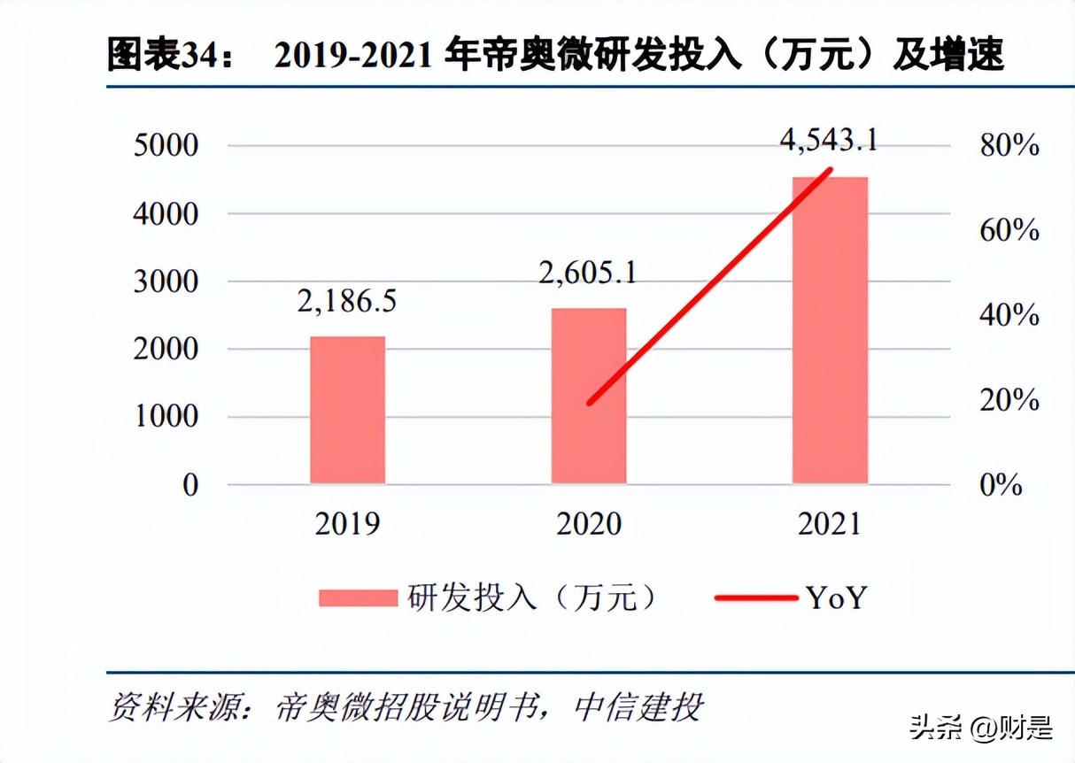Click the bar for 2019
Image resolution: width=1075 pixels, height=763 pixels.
coord(347,410)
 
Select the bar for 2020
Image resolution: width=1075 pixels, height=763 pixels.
coord(588,396)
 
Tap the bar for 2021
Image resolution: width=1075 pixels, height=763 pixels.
coord(830,330)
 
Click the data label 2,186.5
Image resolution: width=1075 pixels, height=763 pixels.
coord(346,301)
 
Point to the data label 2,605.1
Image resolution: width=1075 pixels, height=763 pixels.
coord(587,272)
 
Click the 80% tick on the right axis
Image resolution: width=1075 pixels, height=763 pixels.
coord(1009,146)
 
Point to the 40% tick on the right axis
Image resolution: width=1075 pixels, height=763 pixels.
coord(1009,315)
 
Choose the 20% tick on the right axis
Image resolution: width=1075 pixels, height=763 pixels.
coord(1009,400)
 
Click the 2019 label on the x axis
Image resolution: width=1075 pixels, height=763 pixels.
coord(347,524)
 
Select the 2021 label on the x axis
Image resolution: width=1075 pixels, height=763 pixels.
coord(829,524)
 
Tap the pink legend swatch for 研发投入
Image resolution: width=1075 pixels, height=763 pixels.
coord(358,598)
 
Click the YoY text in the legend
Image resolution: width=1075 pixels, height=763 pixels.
coord(836,598)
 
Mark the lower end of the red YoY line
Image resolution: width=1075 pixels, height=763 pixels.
coord(590,403)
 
